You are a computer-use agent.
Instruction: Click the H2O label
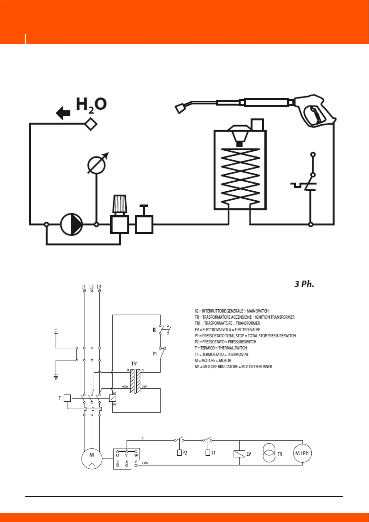pos(91,104)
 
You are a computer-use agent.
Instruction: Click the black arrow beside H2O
pos(63,113)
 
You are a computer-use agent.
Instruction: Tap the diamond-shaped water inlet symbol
pos(91,124)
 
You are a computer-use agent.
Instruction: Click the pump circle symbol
pos(71,224)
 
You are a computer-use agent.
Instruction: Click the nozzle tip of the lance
pos(180,109)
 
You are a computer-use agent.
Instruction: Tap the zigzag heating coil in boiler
pos(240,177)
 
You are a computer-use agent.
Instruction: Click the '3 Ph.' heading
pos(304,284)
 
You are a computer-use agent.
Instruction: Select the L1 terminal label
pos(84,286)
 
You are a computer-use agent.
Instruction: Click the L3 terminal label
pos(99,286)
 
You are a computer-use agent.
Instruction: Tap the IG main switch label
pos(154,330)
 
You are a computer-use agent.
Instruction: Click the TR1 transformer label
pos(134,364)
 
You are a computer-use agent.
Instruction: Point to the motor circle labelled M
pos(92,458)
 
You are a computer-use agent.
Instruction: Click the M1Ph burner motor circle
pos(302,453)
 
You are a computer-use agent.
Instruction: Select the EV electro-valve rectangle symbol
pos(239,454)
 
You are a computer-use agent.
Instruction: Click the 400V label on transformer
pos(125,387)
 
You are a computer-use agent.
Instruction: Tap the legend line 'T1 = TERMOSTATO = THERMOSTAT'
pos(222,354)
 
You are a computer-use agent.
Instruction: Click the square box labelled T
pos(67,398)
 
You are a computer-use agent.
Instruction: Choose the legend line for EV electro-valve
pos(227,330)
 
